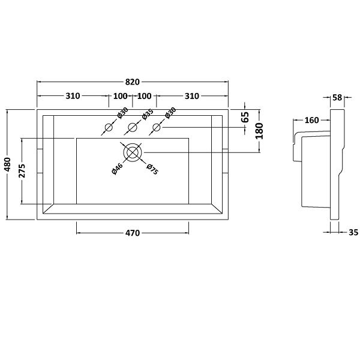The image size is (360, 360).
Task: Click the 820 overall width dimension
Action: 133,82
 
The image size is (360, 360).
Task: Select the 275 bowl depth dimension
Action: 23,171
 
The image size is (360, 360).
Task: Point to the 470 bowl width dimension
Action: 132,233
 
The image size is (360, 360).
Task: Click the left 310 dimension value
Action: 73,96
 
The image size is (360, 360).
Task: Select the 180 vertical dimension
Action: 259,130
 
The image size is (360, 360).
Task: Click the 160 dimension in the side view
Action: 311,120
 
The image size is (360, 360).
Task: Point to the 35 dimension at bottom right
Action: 353,232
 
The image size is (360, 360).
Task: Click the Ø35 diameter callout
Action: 147,114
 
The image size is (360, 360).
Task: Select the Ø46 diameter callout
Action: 117,169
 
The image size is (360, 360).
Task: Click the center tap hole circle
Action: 133,127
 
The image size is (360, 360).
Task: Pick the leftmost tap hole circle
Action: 109,127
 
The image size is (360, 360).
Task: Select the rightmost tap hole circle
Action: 157,127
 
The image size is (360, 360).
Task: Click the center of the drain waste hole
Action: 133,152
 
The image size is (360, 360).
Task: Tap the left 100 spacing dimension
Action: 121,96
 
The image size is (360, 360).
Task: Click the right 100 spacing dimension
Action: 144,96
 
